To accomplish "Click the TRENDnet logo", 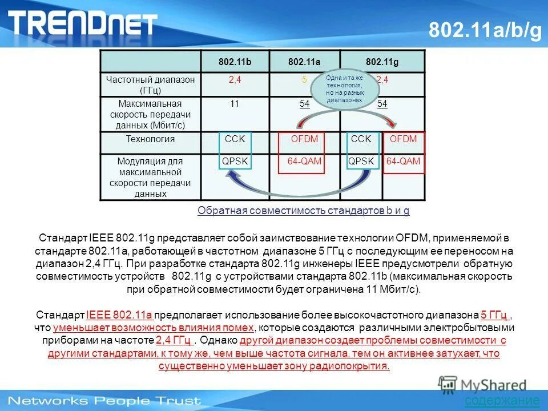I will [x=83, y=23].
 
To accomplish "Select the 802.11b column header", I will [x=235, y=62].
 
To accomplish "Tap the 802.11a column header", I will [x=304, y=62].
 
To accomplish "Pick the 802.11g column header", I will [x=382, y=62].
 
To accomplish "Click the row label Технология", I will [x=150, y=139].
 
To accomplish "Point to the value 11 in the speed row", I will [x=235, y=103].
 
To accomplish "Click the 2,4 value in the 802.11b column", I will [x=235, y=80].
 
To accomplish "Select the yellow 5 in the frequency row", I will [x=304, y=80].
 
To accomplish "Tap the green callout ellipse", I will [x=344, y=88].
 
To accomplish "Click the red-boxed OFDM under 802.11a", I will [x=304, y=139].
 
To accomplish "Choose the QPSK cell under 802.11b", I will [x=235, y=162].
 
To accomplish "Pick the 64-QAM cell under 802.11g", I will [x=403, y=162].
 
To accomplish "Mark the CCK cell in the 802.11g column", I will [x=361, y=139].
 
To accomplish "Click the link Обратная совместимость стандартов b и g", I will [x=303, y=211].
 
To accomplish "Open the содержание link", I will [x=502, y=401].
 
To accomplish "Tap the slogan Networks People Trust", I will [x=104, y=400].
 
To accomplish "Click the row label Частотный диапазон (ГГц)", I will [x=150, y=85].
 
